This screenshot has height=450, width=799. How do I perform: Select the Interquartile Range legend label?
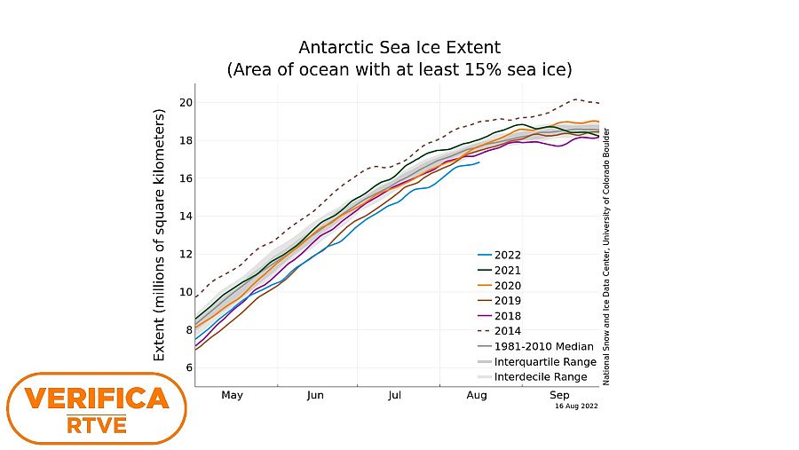pos(544,362)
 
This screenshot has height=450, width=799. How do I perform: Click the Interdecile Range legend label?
pos(541,377)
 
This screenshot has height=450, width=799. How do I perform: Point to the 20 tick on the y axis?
pos(186,102)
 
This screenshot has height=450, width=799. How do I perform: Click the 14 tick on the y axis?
pos(186,216)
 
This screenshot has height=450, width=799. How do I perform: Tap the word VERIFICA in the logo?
pos(97,399)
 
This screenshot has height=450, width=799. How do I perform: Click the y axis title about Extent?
pos(161,235)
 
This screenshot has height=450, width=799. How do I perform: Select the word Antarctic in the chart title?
pos(335,47)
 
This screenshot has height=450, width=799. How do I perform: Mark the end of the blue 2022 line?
pos(479,162)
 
